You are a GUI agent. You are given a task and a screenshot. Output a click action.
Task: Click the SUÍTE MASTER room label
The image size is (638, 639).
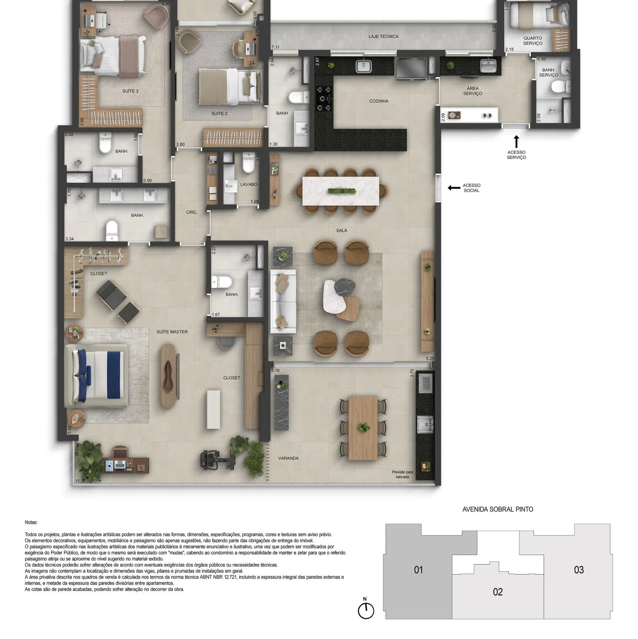(x=172, y=332)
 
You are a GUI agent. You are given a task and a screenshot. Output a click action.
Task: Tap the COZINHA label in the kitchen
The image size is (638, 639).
(x=379, y=101)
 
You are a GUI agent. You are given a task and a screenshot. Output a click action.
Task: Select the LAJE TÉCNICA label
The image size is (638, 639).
(x=383, y=36)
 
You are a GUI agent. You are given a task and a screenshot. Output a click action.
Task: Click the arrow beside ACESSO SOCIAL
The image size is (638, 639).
(x=454, y=188)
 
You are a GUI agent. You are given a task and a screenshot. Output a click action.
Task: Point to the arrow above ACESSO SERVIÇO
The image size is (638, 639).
(x=516, y=142)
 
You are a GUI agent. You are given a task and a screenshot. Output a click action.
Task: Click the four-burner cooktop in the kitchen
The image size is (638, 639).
(x=324, y=98)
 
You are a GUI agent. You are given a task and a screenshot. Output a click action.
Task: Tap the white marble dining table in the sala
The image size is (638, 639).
(x=341, y=191)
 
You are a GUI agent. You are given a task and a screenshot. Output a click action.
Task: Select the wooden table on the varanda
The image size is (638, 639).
(x=363, y=428)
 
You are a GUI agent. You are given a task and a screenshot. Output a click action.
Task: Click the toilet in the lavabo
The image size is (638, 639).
(x=248, y=163)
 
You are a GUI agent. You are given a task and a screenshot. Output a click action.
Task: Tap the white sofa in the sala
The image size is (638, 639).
(x=283, y=302)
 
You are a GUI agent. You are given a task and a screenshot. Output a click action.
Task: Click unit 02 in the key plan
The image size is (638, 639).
(x=498, y=592)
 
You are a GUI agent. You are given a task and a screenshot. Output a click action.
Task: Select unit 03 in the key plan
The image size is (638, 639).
(x=579, y=570)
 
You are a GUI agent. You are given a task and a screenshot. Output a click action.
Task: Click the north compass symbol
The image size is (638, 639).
(x=365, y=611)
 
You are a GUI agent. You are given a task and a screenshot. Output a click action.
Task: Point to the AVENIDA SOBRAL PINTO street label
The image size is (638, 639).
(x=498, y=509)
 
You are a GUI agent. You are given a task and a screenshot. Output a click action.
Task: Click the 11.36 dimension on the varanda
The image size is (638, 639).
(x=81, y=481)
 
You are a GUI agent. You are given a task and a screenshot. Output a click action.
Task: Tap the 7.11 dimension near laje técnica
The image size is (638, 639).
(x=275, y=47)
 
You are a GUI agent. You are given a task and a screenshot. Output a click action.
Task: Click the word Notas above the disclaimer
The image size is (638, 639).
(x=31, y=522)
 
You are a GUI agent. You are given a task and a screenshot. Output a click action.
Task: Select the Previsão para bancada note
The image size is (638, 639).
(x=402, y=474)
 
